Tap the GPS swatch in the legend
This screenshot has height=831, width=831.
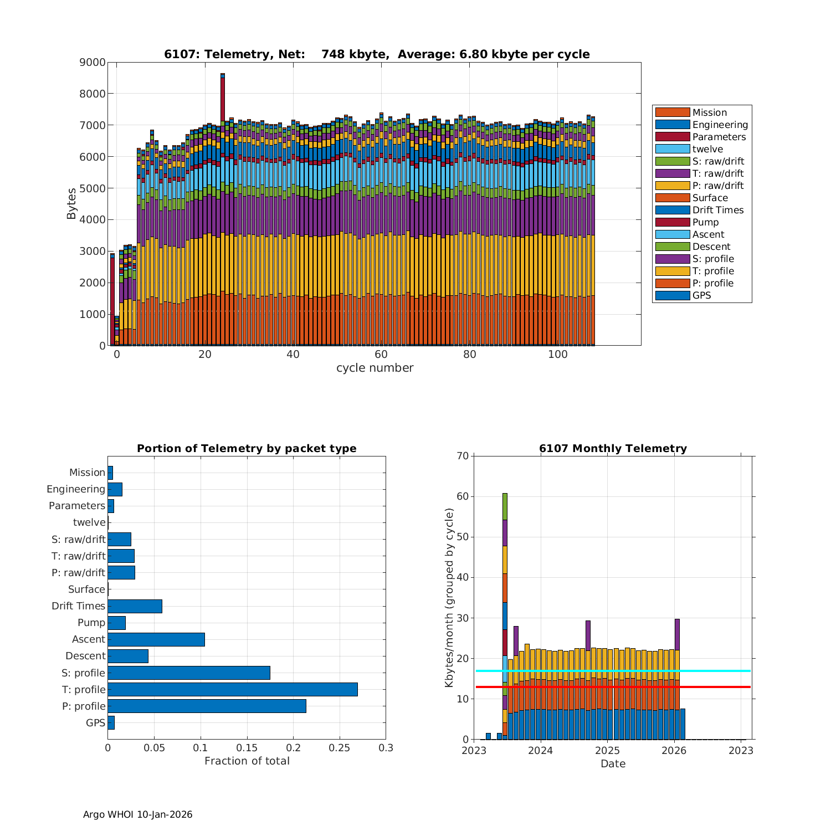pyautogui.click(x=672, y=295)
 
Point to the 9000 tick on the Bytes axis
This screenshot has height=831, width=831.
pyautogui.click(x=93, y=63)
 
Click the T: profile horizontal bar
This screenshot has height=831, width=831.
pyautogui.click(x=233, y=689)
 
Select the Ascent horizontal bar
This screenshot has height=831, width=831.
pyautogui.click(x=156, y=639)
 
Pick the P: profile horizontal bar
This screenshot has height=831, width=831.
pyautogui.click(x=207, y=706)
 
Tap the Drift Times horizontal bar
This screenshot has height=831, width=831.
pyautogui.click(x=135, y=606)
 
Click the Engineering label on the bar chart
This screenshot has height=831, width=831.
pyautogui.click(x=76, y=489)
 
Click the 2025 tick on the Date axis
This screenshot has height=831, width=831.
pyautogui.click(x=607, y=751)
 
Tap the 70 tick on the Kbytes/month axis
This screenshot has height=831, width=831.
pyautogui.click(x=463, y=456)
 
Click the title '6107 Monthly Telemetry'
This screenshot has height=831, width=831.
pyautogui.click(x=613, y=449)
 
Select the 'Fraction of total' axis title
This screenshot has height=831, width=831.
pyautogui.click(x=247, y=761)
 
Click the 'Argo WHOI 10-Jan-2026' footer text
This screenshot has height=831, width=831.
pyautogui.click(x=138, y=814)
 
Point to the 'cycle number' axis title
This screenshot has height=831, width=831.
pyautogui.click(x=375, y=368)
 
